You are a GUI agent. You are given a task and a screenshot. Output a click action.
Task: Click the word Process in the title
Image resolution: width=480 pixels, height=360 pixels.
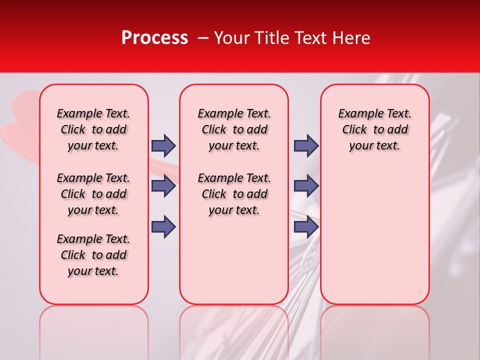(x=154, y=38)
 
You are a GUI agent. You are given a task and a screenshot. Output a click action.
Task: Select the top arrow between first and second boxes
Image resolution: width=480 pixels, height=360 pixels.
(x=163, y=146)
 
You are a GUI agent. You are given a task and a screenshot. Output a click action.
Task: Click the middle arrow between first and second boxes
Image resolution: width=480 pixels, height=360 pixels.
(x=163, y=186)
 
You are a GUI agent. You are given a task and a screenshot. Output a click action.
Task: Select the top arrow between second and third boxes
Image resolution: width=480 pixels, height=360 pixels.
(x=306, y=146)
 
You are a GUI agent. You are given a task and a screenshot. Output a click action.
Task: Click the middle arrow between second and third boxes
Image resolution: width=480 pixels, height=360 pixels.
(x=306, y=186)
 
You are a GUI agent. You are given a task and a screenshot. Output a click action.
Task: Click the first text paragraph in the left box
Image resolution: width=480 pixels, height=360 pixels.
(x=93, y=129)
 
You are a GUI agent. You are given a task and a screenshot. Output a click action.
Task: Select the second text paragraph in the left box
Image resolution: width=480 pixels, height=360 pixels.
(x=93, y=194)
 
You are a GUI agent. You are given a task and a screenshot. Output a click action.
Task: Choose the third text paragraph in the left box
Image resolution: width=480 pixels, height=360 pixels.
(x=93, y=255)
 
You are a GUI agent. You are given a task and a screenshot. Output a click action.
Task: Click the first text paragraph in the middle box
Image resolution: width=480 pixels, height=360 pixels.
(x=234, y=129)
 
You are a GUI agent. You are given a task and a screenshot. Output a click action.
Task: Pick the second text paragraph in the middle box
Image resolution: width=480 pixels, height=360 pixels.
(x=234, y=194)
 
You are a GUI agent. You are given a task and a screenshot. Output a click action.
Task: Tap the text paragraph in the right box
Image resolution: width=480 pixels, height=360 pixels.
(x=374, y=129)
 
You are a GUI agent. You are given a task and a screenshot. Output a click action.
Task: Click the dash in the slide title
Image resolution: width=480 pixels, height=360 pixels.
(x=203, y=38)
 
